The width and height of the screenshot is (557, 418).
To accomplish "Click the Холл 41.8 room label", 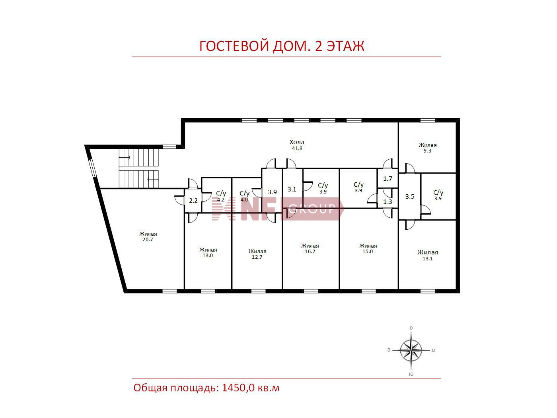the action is [297, 145].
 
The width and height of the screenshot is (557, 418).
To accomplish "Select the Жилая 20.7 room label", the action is [148, 236].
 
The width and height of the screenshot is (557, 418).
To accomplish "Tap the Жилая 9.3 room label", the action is [428, 148].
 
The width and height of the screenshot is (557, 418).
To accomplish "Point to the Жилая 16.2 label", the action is [310, 248].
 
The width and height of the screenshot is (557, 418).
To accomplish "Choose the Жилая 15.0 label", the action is [368, 248].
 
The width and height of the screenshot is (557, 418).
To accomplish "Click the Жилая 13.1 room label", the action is [428, 255].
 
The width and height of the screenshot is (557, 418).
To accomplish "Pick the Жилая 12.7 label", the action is [257, 254].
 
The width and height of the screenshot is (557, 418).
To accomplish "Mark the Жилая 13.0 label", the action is [208, 252].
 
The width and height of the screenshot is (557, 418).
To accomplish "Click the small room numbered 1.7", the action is [388, 179].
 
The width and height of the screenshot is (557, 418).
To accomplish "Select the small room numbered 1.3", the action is [388, 202].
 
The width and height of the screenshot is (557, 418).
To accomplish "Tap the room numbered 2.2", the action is [193, 201].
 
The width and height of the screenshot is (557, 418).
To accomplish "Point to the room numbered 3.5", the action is [410, 196].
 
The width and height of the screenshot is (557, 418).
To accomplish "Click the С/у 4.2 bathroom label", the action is [221, 196].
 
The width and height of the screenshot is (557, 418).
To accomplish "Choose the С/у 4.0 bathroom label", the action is [244, 196].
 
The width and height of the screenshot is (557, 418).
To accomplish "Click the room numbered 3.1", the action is [292, 189].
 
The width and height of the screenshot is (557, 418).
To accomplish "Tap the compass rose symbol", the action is [411, 350].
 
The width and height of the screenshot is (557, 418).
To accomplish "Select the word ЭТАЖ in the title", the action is [345, 46].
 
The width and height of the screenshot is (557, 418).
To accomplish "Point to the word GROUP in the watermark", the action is [312, 209].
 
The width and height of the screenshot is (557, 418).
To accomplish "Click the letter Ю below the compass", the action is [411, 374].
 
